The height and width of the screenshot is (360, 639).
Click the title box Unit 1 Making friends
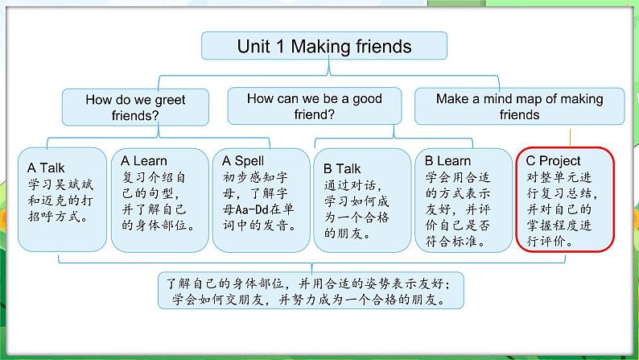tap(324, 46)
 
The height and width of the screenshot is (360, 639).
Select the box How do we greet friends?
tap(135, 107)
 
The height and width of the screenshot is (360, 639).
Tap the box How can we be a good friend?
tap(315, 106)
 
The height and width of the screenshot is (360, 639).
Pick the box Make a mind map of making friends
tap(519, 106)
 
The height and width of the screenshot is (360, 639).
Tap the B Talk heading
tap(342, 168)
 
